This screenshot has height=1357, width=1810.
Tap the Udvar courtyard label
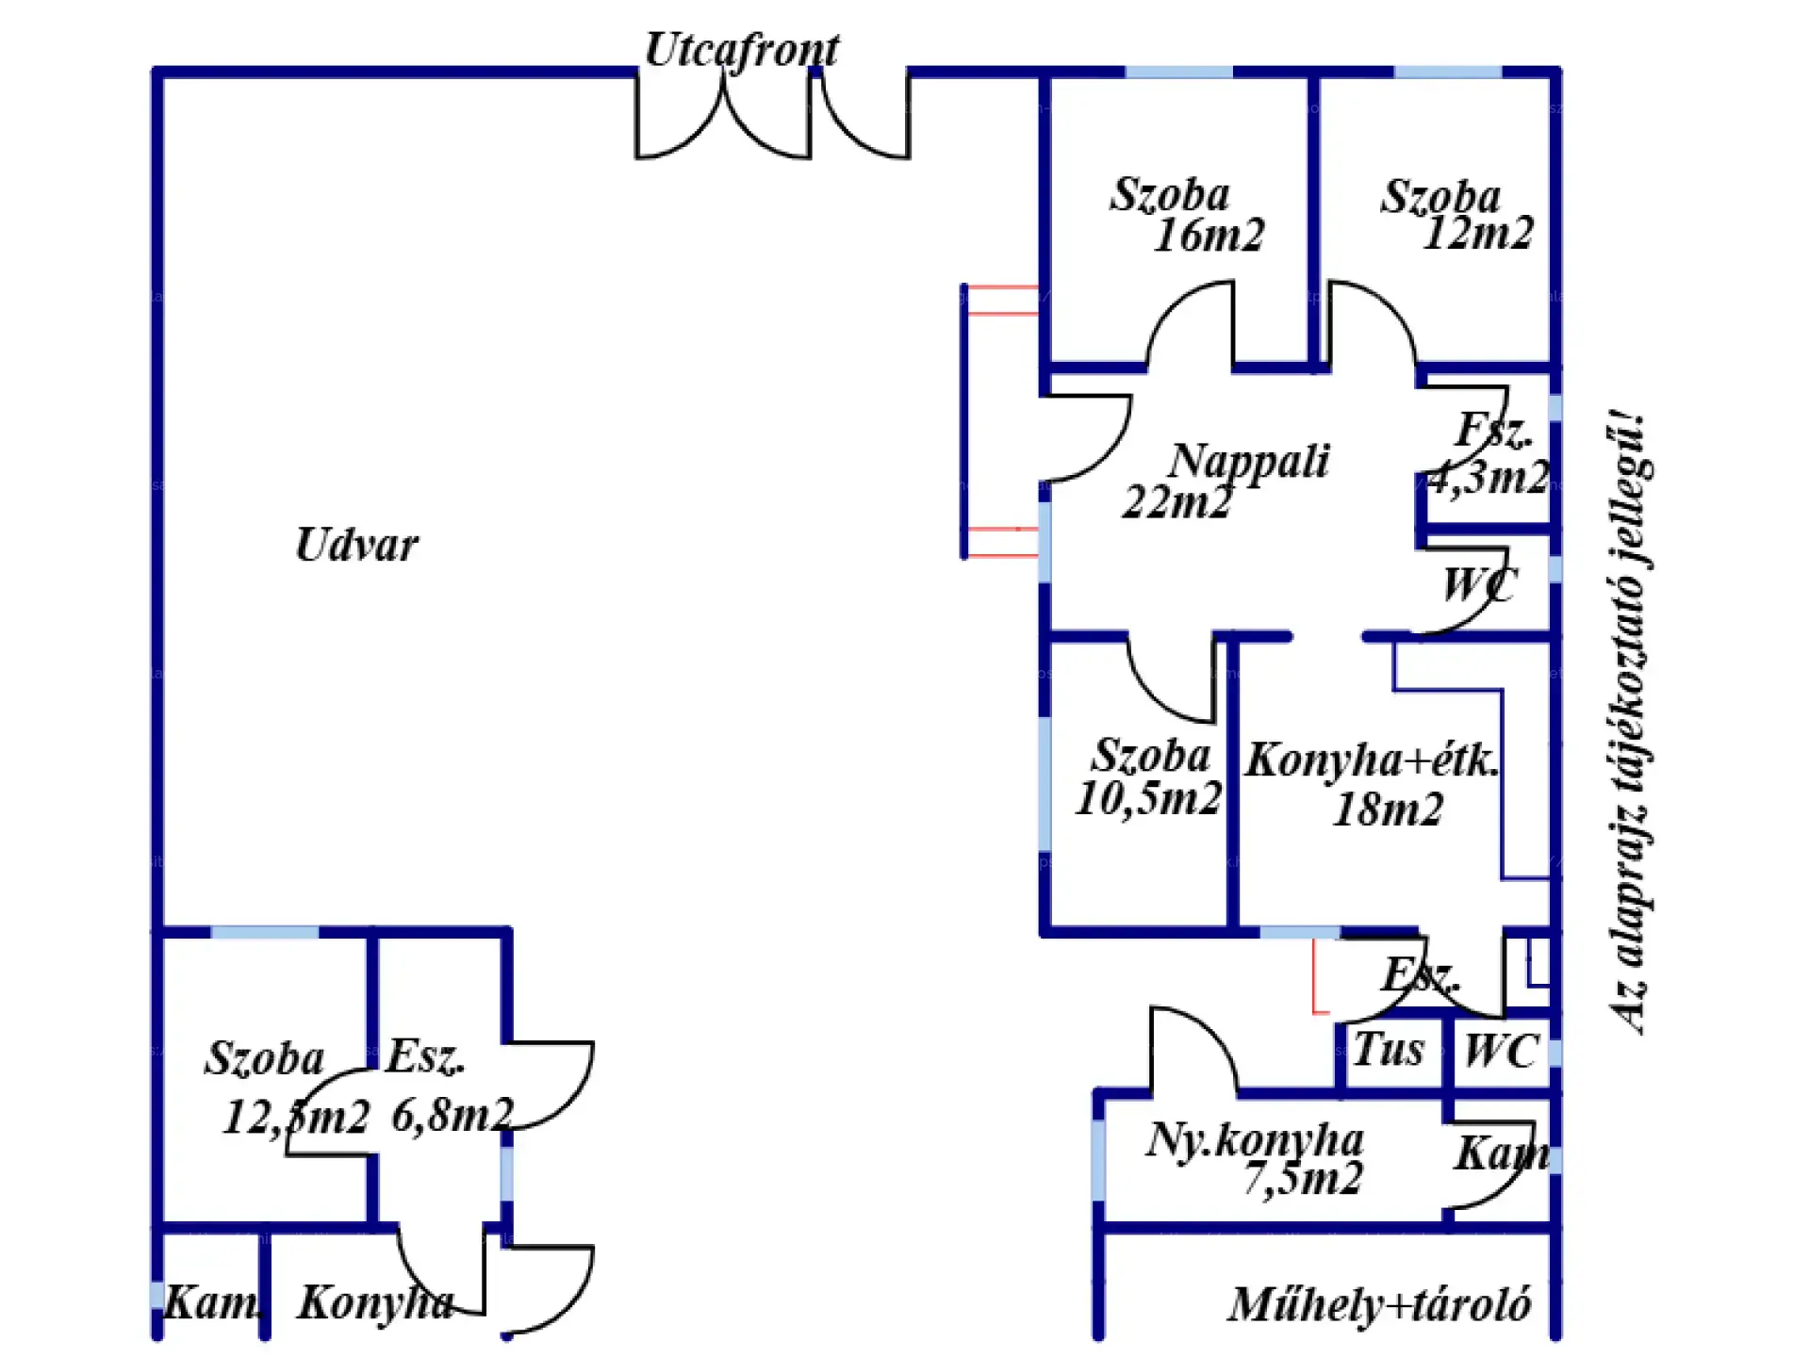tap(356, 545)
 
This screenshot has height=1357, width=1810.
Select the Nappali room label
tap(1249, 462)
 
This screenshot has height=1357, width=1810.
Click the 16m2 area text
tap(1209, 236)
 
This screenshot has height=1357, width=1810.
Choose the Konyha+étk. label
tap(1372, 760)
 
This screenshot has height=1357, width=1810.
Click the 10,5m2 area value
tap(1148, 799)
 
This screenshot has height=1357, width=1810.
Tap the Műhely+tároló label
tap(1379, 1305)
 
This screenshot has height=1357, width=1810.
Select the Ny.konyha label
tap(1255, 1140)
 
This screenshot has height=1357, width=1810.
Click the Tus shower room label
tap(1389, 1050)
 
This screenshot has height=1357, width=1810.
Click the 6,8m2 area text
tap(452, 1116)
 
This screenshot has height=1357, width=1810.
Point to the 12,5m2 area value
tap(296, 1118)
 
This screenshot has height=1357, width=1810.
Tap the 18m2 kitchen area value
tap(1388, 809)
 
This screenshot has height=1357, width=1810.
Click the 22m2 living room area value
tap(1177, 502)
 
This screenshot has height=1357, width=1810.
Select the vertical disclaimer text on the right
tap(1628, 721)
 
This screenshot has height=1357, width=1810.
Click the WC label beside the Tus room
tap(1501, 1051)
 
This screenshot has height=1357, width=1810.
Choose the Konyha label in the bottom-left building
tap(375, 1304)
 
